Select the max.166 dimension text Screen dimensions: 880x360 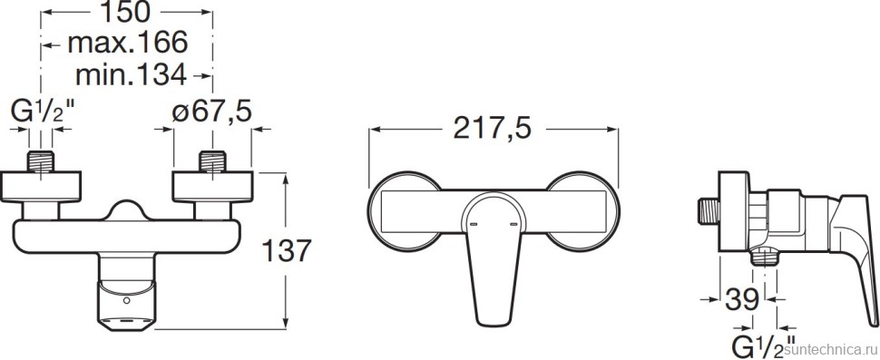pos(127,43)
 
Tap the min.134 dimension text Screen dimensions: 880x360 pos(131,74)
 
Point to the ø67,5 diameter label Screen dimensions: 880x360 pos(211,112)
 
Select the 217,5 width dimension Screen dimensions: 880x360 pos(493,130)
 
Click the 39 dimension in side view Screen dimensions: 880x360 pos(742,299)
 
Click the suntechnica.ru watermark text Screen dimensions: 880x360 pos(833,349)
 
